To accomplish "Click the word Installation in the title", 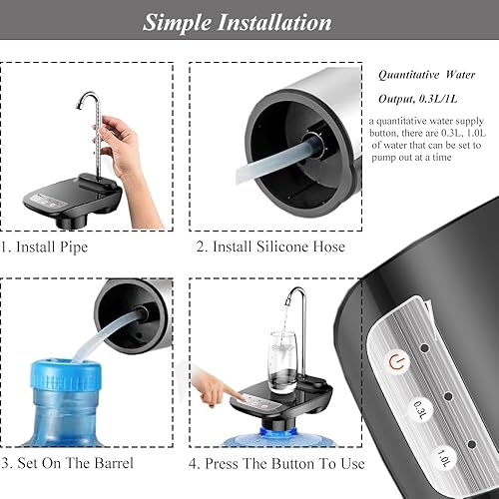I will click(x=279, y=22).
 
